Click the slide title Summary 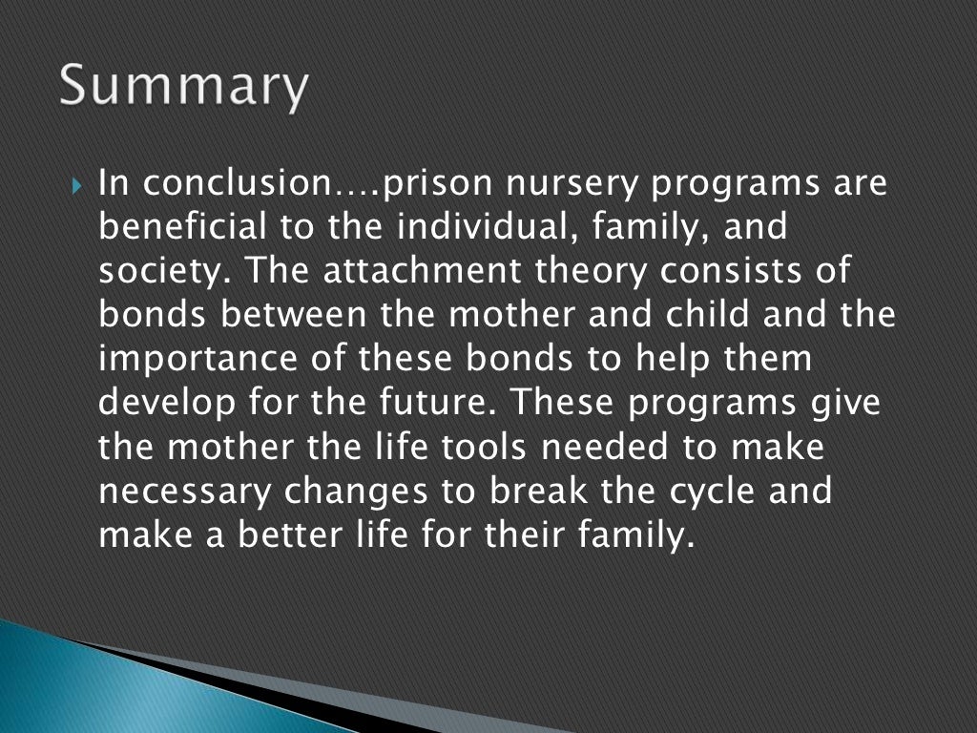coord(184,89)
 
